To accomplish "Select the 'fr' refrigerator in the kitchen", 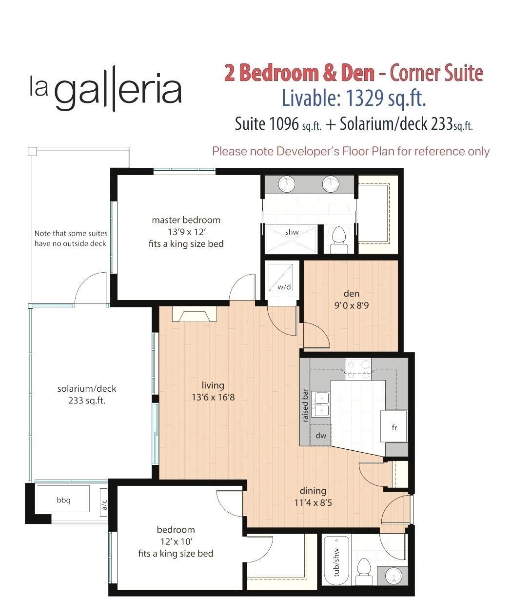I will pyautogui.click(x=394, y=427).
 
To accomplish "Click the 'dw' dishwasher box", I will pyautogui.click(x=320, y=435).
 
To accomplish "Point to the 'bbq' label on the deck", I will pyautogui.click(x=63, y=500).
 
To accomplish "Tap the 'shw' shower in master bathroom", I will pyautogui.click(x=292, y=233).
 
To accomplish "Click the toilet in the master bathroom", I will pyautogui.click(x=338, y=240).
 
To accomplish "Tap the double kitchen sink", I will pyautogui.click(x=321, y=404).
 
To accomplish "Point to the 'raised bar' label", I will pyautogui.click(x=305, y=405).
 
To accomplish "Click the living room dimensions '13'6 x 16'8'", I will pyautogui.click(x=213, y=397).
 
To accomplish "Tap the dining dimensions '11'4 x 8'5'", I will pyautogui.click(x=313, y=502).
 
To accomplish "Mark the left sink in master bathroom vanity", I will pyautogui.click(x=287, y=184).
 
